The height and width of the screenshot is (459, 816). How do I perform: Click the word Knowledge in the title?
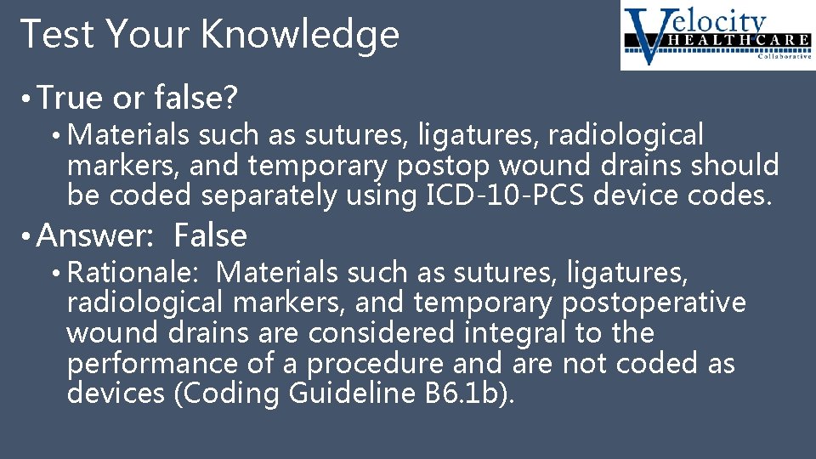coord(300,35)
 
